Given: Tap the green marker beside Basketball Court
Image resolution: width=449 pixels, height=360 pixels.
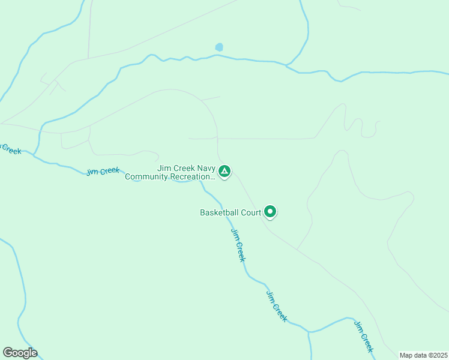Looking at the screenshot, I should click(270, 211).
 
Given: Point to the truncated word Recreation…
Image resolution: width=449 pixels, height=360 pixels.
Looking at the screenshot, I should click(193, 177).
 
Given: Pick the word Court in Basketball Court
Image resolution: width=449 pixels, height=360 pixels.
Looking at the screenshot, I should click(251, 213).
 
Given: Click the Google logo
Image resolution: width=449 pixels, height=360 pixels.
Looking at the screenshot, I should click(20, 353).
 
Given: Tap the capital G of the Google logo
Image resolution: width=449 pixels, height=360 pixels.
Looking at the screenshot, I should click(7, 352).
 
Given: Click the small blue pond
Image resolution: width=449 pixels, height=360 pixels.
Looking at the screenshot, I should click(219, 47).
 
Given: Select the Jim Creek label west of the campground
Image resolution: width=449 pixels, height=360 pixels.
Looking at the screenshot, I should click(103, 171).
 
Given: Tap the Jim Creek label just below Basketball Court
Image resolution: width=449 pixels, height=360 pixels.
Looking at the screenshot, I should click(238, 244).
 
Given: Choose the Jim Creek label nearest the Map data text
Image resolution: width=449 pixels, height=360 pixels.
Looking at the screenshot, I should click(364, 337).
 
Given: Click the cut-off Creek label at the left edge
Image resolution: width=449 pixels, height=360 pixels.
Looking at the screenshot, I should click(10, 148).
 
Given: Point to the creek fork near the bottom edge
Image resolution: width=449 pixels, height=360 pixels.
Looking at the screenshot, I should click(309, 332).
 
